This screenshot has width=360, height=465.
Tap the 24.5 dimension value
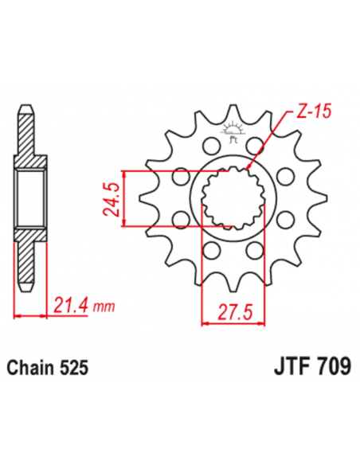coord(112,198)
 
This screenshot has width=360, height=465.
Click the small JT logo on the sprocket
coord(233,132)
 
